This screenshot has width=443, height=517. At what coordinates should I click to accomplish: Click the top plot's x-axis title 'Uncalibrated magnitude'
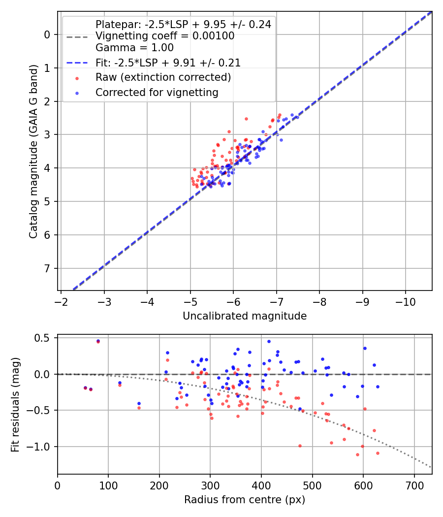(245, 316)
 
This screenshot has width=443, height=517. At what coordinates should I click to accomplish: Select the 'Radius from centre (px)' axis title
(245, 500)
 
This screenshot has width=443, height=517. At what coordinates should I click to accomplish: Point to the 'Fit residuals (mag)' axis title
(15, 404)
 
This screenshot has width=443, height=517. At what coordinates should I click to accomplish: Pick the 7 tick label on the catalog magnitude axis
(47, 268)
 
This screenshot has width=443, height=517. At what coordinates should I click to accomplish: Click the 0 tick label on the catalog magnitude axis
(47, 34)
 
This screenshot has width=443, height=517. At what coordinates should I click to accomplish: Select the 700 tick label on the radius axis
(414, 485)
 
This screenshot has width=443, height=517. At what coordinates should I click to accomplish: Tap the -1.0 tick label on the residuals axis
(40, 447)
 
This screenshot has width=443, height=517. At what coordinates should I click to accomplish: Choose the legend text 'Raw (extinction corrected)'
(163, 77)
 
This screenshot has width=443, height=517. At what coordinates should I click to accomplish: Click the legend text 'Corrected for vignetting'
(157, 92)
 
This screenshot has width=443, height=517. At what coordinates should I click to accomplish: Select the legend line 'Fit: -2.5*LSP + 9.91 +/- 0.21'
(168, 63)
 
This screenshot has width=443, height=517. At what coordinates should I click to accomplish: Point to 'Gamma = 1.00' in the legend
(134, 48)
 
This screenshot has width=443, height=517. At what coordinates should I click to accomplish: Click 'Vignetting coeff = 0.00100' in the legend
(165, 36)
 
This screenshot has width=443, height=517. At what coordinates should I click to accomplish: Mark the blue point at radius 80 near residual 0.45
(98, 341)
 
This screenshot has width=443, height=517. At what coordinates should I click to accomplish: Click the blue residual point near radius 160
(139, 403)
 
